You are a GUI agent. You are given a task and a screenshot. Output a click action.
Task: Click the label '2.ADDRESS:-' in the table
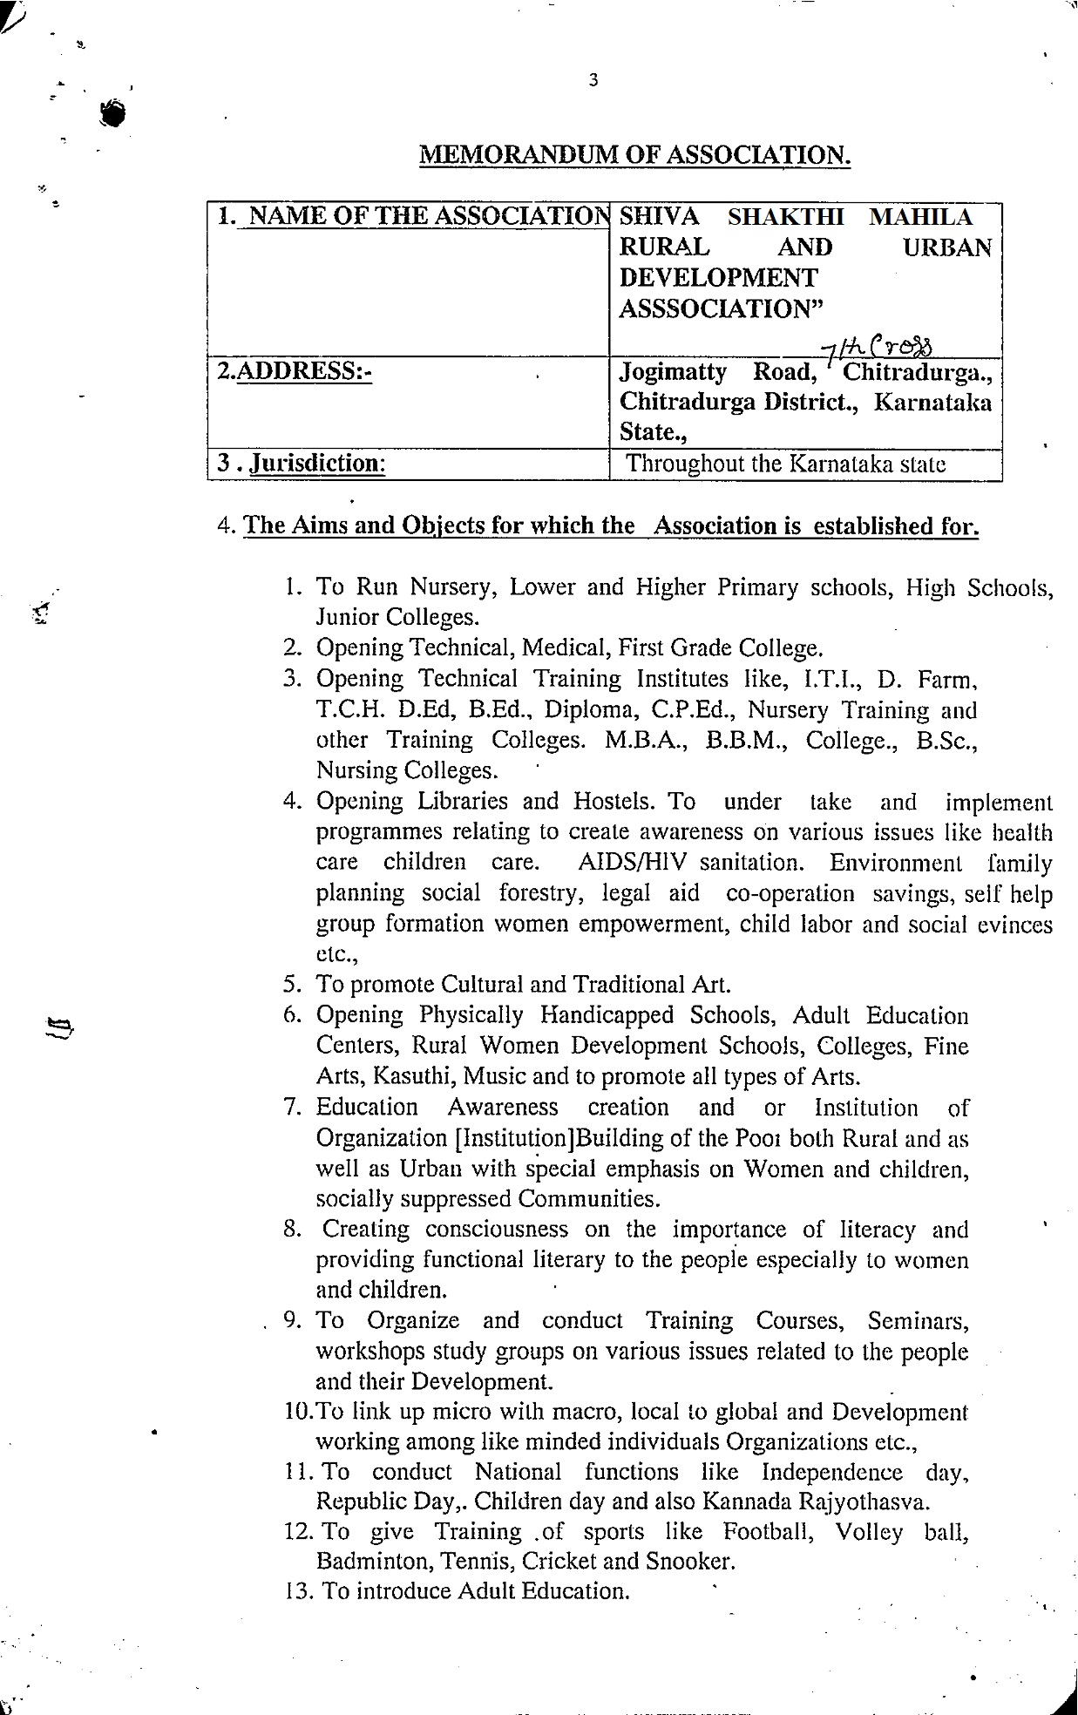point(295,372)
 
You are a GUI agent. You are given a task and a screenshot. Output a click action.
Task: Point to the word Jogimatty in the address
point(672,372)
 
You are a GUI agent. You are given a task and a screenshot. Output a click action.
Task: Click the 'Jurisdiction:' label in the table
point(317,463)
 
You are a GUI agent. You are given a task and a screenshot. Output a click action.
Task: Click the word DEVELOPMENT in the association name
point(718,278)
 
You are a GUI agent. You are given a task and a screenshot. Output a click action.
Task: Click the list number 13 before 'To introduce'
point(296,1591)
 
